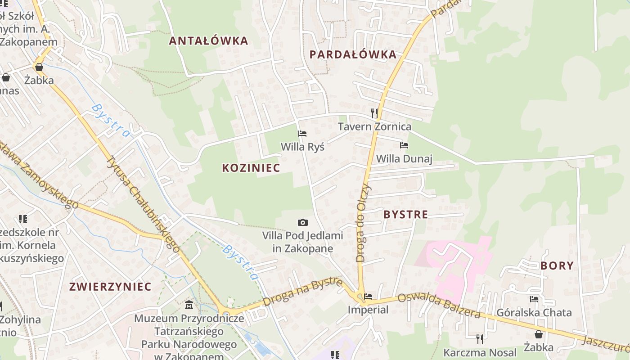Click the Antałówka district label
(x=208, y=41)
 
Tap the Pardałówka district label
(x=353, y=55)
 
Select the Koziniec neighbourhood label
(x=251, y=168)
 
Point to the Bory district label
(x=557, y=265)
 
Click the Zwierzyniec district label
(x=110, y=287)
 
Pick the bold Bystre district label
(x=405, y=215)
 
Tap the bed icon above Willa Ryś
(x=302, y=134)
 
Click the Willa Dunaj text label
(x=404, y=158)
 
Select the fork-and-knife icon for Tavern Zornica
(x=374, y=113)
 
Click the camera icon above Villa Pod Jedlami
(x=303, y=222)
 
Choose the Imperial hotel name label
(x=368, y=310)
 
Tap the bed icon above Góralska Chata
(x=534, y=299)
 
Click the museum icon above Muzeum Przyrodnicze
(x=189, y=305)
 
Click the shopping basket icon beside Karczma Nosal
(x=538, y=334)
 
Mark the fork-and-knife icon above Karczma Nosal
(x=480, y=338)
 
